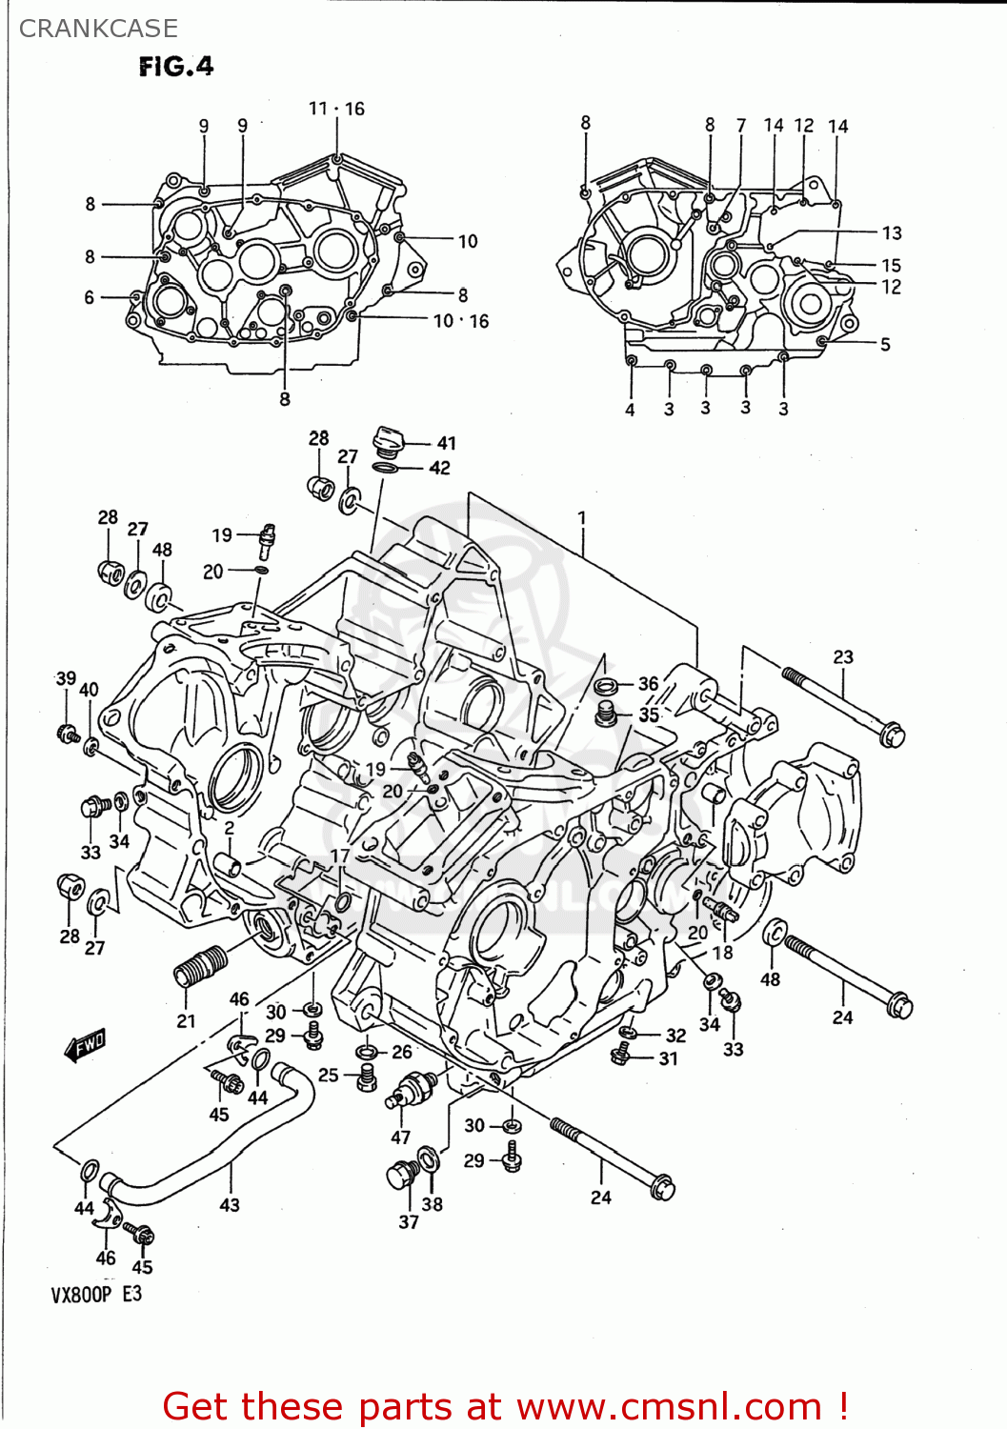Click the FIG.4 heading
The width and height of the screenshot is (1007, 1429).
(176, 66)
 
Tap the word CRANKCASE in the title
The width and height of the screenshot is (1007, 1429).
(98, 29)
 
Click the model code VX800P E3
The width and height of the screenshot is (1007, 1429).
(95, 1294)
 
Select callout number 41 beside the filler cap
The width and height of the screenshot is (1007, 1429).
(446, 443)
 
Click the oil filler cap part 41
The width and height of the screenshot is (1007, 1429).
(389, 440)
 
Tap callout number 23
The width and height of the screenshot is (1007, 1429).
(843, 657)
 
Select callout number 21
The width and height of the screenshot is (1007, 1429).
(186, 1021)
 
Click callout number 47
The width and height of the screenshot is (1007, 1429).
(400, 1137)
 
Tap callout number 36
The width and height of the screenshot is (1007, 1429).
(648, 683)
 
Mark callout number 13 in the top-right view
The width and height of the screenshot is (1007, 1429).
(891, 233)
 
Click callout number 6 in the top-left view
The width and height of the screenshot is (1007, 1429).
(90, 297)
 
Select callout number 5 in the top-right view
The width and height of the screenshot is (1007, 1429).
(884, 345)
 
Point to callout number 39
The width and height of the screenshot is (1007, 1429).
(65, 678)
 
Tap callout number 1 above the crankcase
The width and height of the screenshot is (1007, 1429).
(581, 519)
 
